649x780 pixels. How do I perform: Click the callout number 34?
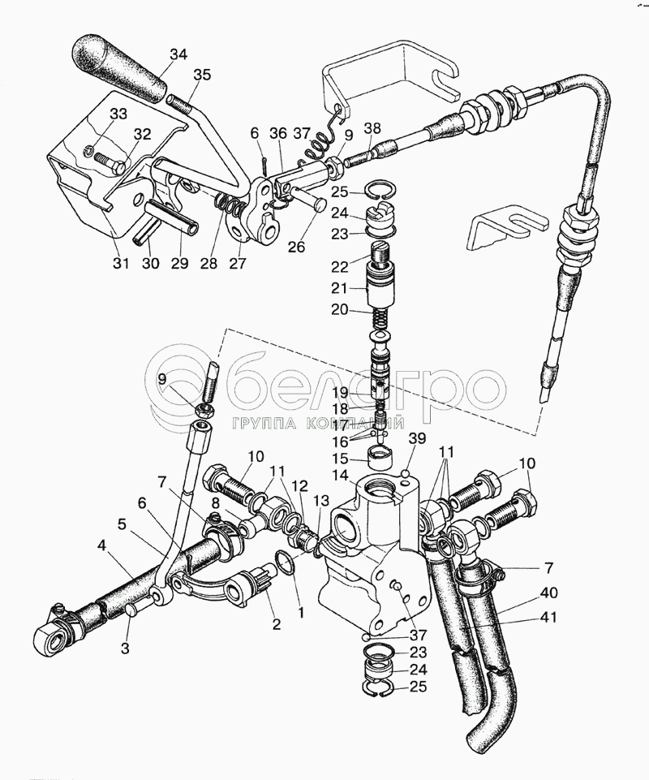click(x=178, y=55)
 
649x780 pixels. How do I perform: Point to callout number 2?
click(x=276, y=624)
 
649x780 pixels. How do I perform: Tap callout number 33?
click(x=118, y=114)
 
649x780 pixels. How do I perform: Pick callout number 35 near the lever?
click(x=202, y=75)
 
